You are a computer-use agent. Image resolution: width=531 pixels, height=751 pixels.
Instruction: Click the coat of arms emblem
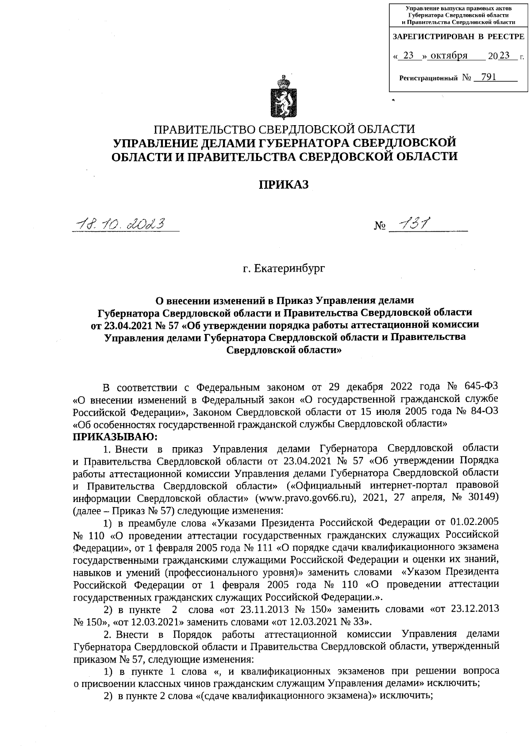284,98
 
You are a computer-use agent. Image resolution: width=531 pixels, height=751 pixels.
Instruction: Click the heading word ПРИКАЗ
283,185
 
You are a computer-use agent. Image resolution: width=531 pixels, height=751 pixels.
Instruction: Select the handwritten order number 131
414,224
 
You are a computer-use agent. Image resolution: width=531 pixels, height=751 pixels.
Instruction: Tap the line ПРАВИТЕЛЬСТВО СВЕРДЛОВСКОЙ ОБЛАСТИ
284,129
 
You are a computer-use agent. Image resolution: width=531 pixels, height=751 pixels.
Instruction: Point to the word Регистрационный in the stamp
428,78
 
